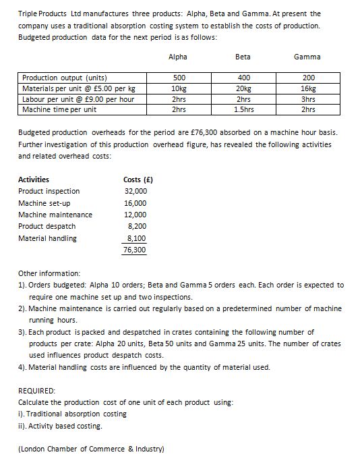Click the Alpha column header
coord(179,57)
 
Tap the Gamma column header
coord(307,57)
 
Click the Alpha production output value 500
coord(179,77)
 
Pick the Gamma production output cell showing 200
coord(308,77)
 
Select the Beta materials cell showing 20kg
coord(243,88)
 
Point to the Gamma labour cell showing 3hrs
coord(308,99)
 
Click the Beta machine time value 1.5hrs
coord(243,109)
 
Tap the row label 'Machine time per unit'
coord(59,109)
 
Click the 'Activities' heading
coord(33,180)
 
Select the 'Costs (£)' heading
coord(138,180)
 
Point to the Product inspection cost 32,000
coord(136,192)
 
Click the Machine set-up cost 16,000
coord(136,203)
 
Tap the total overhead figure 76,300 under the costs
coord(135,250)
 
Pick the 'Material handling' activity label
coord(47,238)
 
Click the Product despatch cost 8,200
coord(138,226)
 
